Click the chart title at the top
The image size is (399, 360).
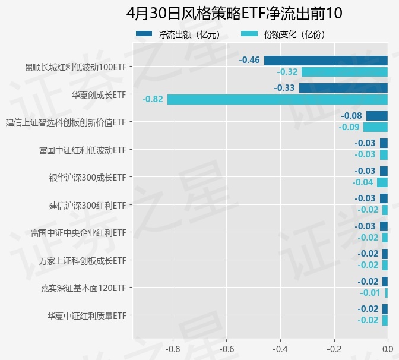pyautogui.click(x=234, y=13)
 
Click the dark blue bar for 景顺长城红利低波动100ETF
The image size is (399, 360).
pyautogui.click(x=326, y=61)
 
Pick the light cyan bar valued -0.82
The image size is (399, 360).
pyautogui.click(x=277, y=99)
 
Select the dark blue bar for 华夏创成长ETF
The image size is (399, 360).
pyautogui.click(x=343, y=88)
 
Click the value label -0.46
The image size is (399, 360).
pyautogui.click(x=249, y=61)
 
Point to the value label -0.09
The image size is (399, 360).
pyautogui.click(x=349, y=127)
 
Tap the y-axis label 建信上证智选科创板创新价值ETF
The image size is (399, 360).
pyautogui.click(x=66, y=122)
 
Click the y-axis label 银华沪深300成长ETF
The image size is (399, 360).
pyautogui.click(x=87, y=178)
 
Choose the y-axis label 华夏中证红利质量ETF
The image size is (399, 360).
pyautogui.click(x=87, y=315)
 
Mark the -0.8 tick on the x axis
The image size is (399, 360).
pyautogui.click(x=173, y=348)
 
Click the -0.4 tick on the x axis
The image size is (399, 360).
pyautogui.click(x=280, y=348)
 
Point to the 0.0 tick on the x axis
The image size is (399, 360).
pyautogui.click(x=388, y=348)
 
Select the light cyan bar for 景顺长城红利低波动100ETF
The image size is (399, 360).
pyautogui.click(x=344, y=72)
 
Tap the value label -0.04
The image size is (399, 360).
pyautogui.click(x=363, y=182)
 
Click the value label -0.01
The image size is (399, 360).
pyautogui.click(x=370, y=293)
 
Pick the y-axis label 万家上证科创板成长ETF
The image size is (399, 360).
pyautogui.click(x=83, y=260)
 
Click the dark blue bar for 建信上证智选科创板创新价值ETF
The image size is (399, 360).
pyautogui.click(x=377, y=116)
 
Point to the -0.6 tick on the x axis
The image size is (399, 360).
pyautogui.click(x=226, y=348)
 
